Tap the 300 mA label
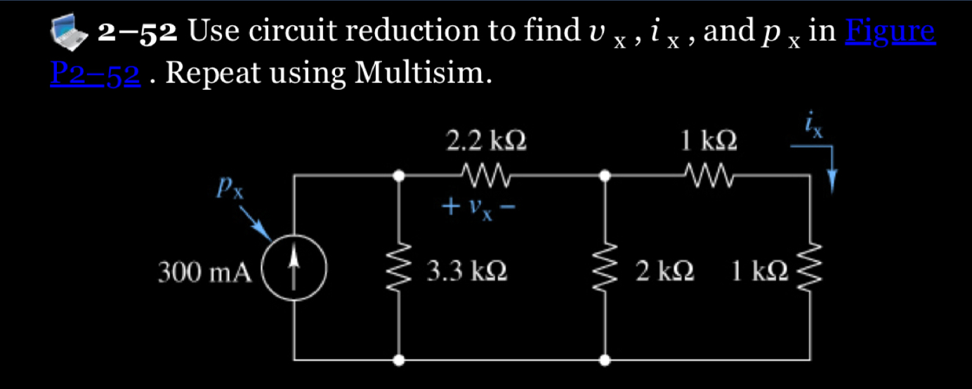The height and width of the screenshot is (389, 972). pos(204,271)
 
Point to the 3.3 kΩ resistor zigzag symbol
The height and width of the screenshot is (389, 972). pos(399,270)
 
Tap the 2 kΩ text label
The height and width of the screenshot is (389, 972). pos(664,271)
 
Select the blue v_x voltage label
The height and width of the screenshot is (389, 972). pos(480,208)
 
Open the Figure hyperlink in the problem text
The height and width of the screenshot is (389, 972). pos(891,31)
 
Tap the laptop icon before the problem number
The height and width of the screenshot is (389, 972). pos(72,32)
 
